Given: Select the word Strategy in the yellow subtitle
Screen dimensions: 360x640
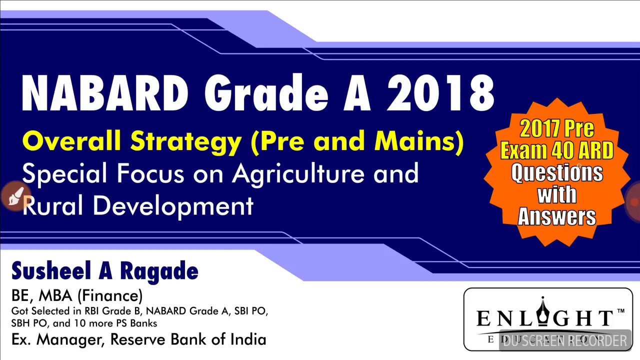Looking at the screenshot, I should [185, 141].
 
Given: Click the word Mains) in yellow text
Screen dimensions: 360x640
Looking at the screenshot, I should [419, 141].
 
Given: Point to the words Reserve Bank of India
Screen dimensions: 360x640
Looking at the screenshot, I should [188, 339].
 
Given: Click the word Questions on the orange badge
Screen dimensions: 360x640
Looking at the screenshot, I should [556, 173].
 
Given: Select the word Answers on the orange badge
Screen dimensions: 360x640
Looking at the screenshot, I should [556, 216].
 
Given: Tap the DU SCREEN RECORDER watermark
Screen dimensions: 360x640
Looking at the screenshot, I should [565, 341].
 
